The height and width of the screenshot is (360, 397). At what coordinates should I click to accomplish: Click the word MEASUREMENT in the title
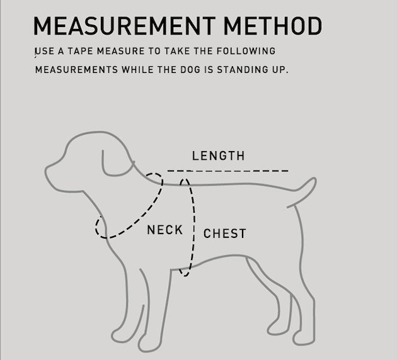pos(125,26)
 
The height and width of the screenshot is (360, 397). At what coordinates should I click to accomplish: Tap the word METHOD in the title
pos(273,26)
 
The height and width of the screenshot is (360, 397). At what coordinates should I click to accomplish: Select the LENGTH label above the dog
pos(219,155)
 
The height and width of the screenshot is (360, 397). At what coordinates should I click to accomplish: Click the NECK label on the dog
pos(165,230)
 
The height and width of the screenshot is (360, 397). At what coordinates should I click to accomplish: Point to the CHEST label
pos(224,233)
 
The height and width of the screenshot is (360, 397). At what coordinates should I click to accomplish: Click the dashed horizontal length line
pos(228,171)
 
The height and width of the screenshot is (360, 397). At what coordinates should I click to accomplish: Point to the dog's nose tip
pos(46,171)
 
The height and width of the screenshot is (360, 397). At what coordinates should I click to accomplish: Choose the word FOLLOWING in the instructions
pos(246,51)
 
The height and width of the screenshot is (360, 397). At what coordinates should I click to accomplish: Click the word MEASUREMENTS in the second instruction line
pos(76,69)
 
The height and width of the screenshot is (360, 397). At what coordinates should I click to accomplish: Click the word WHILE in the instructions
pos(137,69)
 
